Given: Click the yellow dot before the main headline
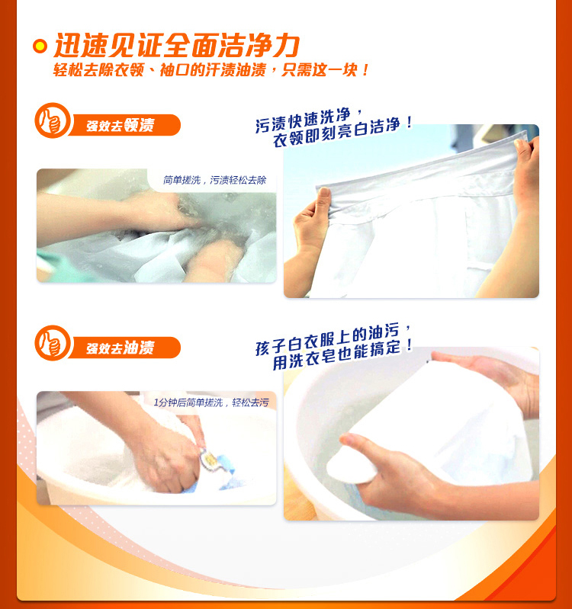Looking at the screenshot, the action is coord(40,46).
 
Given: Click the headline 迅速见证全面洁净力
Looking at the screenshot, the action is coord(177,46).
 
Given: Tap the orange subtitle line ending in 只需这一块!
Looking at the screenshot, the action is coord(211,70).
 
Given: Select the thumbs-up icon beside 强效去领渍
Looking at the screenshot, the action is coord(53,120).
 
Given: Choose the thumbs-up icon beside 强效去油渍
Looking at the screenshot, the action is coord(53,343).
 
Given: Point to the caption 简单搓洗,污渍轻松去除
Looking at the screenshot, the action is coord(214,180).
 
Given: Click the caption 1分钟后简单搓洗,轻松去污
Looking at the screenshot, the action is coord(211,402).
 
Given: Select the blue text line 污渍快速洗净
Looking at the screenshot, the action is coord(308,120).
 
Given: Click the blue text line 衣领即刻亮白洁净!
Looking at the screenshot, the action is coord(342,131).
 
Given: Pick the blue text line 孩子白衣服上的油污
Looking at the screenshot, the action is coord(333,340).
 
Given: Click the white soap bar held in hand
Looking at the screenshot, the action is coord(352,466).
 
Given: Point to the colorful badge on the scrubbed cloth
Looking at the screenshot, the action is coord(211,460).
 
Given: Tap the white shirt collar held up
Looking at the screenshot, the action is coord(419,173).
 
